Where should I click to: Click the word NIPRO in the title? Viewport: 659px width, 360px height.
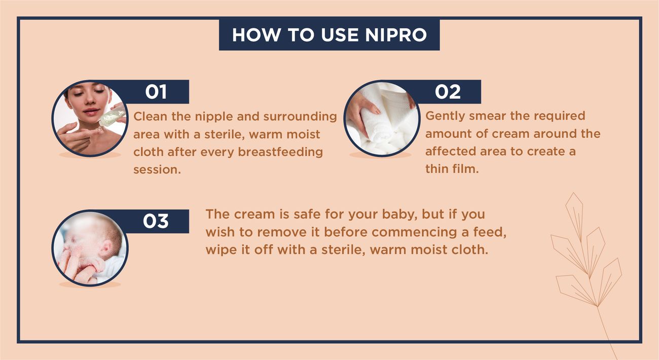tap(396, 35)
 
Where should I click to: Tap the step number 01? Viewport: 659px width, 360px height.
tap(156, 92)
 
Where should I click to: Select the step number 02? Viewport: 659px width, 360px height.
tap(448, 92)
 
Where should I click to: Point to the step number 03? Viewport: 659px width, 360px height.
tap(156, 221)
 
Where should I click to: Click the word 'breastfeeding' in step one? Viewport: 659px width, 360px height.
tap(280, 152)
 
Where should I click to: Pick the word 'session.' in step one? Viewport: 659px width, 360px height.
tap(157, 170)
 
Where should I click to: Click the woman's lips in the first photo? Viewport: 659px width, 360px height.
tap(90, 112)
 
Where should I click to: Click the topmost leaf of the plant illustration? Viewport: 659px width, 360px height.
tap(574, 217)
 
